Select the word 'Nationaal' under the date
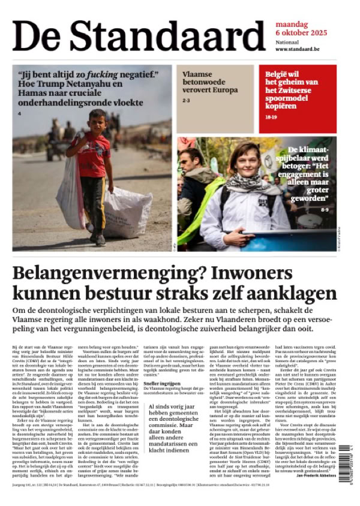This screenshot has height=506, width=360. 271,42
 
